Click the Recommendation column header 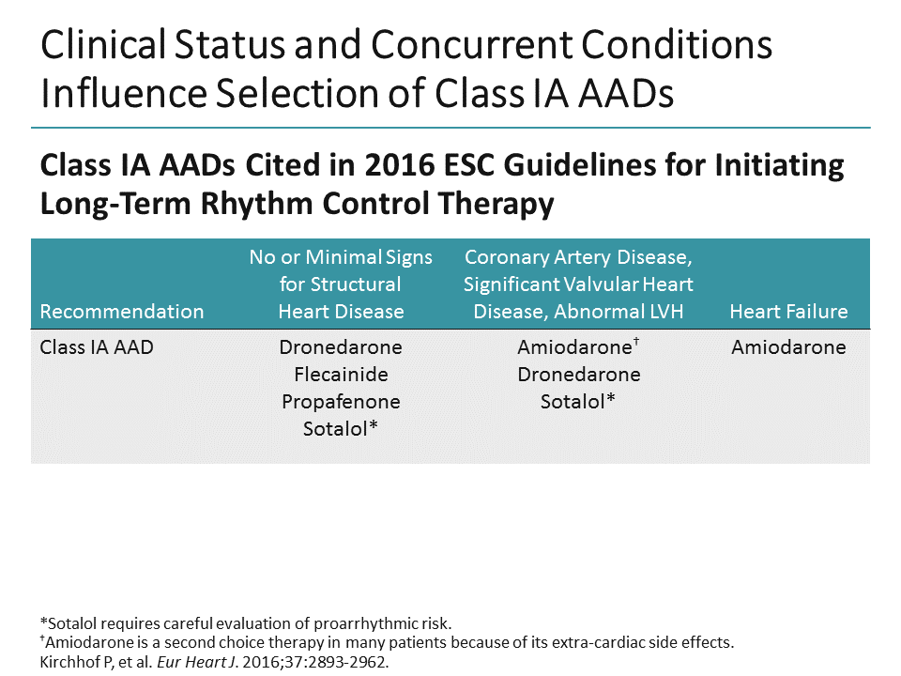coord(121,312)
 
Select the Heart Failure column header coord(788,312)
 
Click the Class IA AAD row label coord(96,347)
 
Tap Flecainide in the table coord(341,375)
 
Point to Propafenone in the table coord(341,402)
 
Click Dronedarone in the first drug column coord(341,347)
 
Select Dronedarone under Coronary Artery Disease coord(578,375)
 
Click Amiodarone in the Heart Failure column coord(788,347)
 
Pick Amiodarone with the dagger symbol coord(574,347)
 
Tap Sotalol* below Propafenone coord(341,429)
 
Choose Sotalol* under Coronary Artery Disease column coord(578,402)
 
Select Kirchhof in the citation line coord(68,660)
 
